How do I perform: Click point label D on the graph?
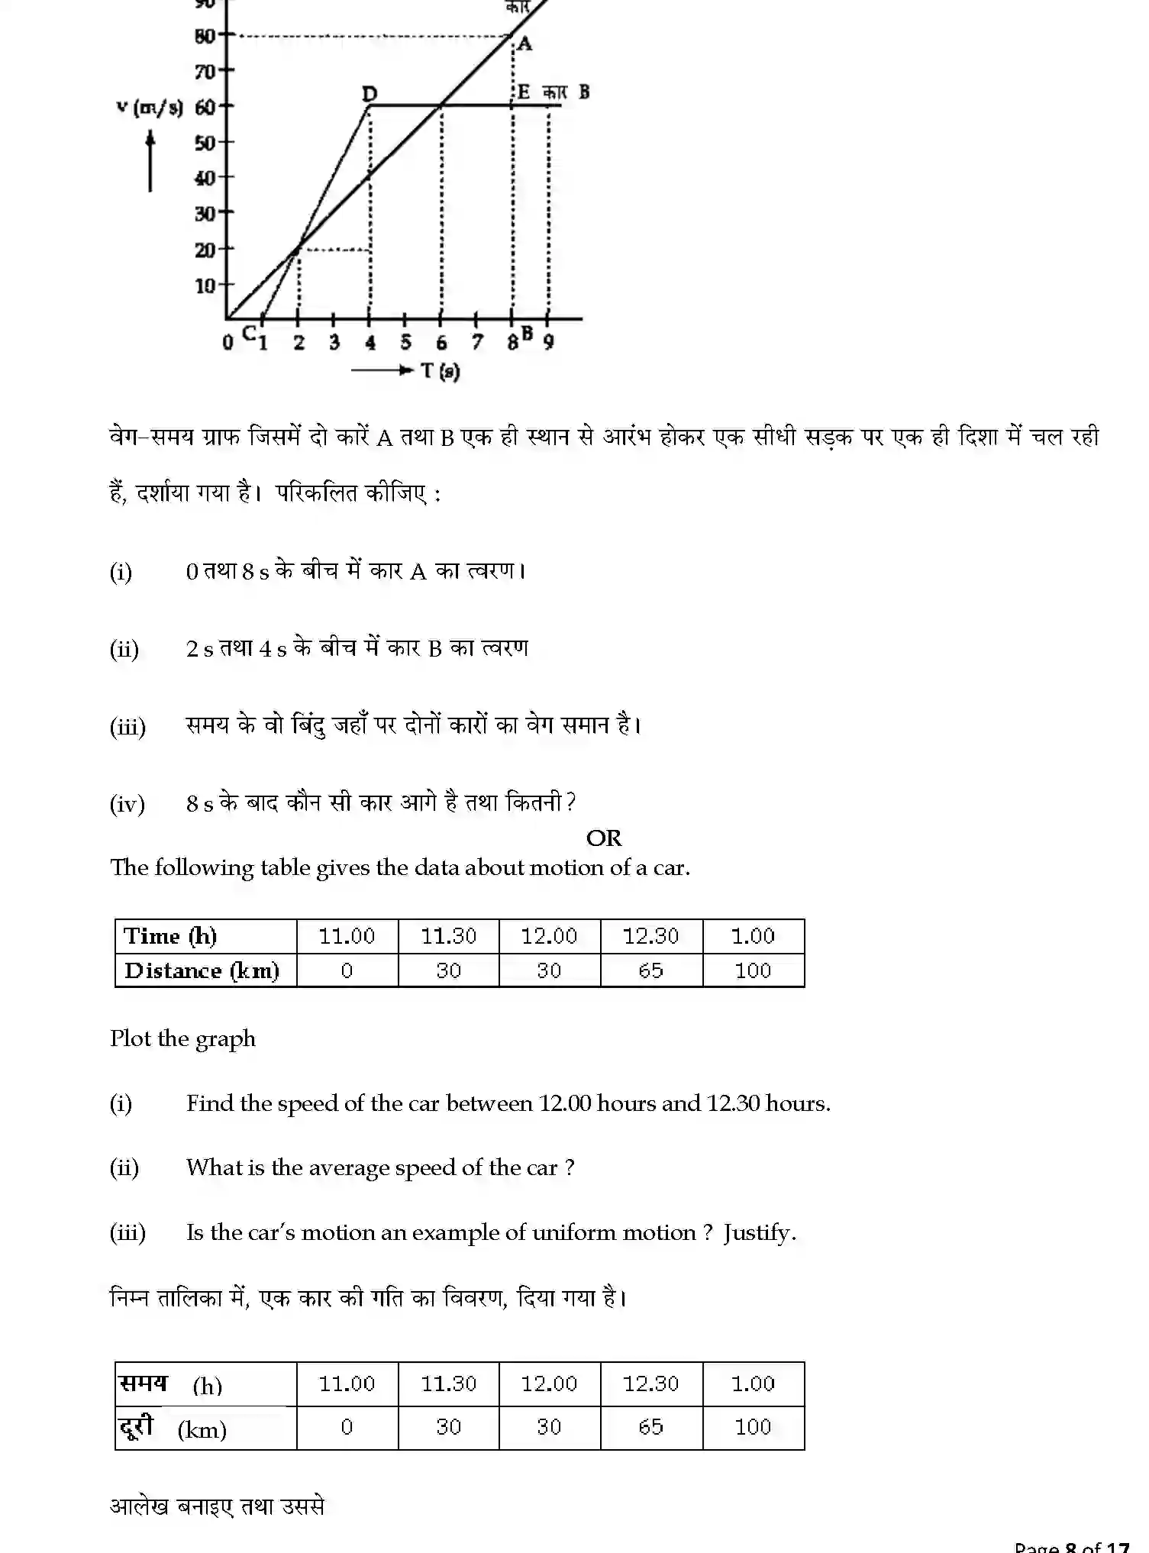(x=370, y=94)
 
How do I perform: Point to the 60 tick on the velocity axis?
(x=205, y=107)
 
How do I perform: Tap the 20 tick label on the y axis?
(x=205, y=250)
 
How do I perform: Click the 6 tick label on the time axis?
(x=441, y=344)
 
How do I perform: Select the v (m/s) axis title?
(x=150, y=108)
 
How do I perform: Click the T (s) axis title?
(x=441, y=372)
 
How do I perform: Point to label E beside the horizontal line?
(x=524, y=92)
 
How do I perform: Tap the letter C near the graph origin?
(x=248, y=333)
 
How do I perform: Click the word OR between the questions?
(x=604, y=838)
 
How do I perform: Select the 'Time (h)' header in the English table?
(x=170, y=936)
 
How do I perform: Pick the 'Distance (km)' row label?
(x=202, y=970)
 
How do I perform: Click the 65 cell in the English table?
(x=651, y=970)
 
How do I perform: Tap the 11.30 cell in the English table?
(x=449, y=936)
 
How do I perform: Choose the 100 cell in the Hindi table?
(x=753, y=1426)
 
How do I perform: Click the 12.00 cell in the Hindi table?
(x=550, y=1383)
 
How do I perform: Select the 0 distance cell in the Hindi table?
(x=347, y=1426)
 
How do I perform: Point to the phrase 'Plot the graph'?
(x=182, y=1038)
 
